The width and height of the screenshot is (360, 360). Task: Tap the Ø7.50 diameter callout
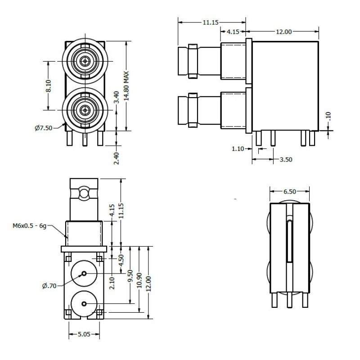click(43, 128)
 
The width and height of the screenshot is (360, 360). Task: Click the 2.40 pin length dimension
click(117, 157)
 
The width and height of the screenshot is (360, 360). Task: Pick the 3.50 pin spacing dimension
click(286, 159)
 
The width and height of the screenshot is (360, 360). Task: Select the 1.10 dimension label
click(238, 148)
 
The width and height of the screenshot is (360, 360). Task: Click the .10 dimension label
click(328, 116)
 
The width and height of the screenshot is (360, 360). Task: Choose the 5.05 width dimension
click(84, 335)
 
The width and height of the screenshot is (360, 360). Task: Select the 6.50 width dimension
click(289, 191)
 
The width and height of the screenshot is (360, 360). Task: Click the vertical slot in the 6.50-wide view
click(289, 238)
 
